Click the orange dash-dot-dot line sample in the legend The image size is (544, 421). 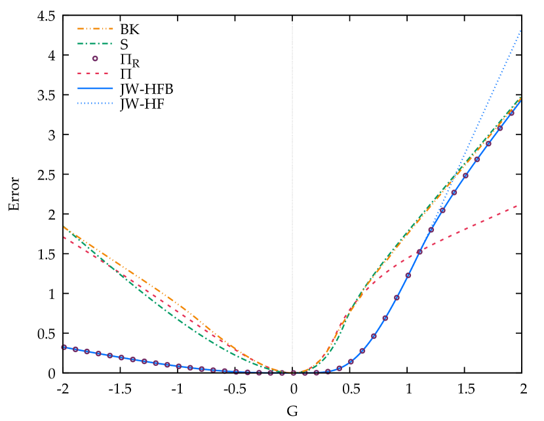[95, 29]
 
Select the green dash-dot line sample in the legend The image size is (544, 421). [95, 44]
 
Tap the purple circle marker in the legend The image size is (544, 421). [95, 58]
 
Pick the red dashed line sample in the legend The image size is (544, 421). [93, 73]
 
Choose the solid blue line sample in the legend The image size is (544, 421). [95, 88]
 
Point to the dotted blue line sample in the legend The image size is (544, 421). [95, 103]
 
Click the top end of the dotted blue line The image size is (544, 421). [520, 30]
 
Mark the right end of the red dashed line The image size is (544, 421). [518, 205]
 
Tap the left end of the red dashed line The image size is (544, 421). [64, 237]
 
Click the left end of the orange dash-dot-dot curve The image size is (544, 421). [64, 226]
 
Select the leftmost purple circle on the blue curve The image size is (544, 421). [64, 347]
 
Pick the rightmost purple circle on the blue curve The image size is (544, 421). [511, 112]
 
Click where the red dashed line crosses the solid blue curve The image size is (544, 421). [419, 251]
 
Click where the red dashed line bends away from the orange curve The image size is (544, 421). [371, 283]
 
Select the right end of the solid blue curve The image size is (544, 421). [520, 101]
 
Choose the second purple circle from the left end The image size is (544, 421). [75, 350]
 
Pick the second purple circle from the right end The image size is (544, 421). [499, 129]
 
